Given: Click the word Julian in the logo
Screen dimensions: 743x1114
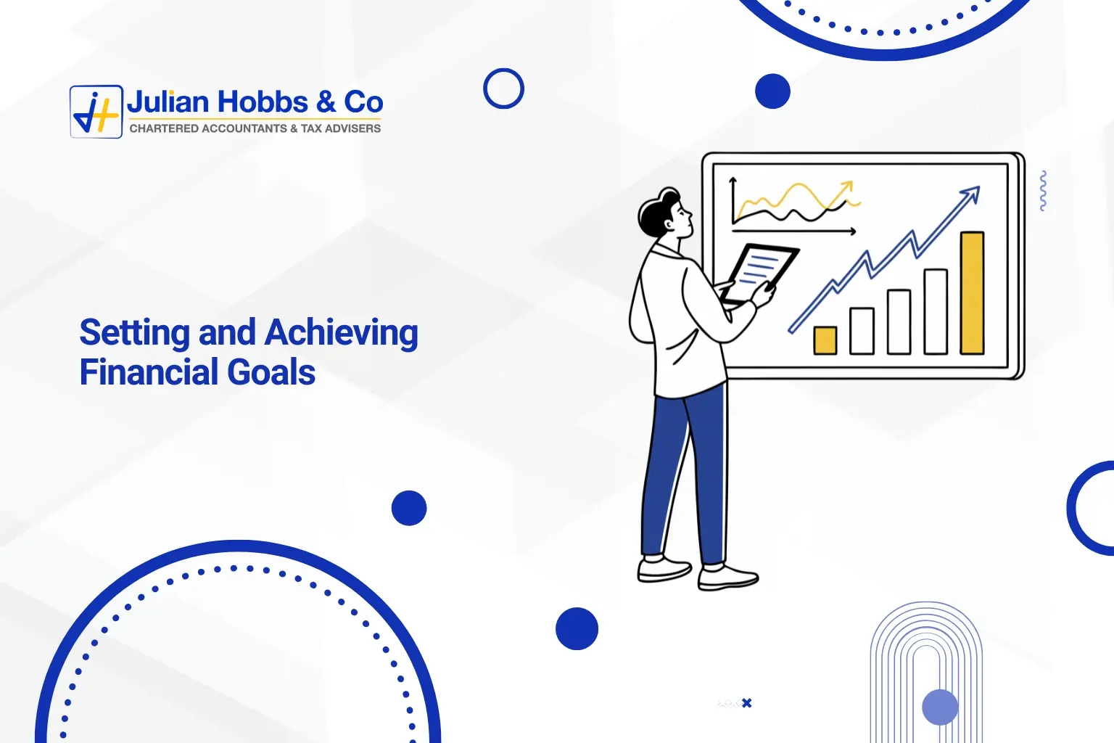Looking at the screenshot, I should [x=168, y=102].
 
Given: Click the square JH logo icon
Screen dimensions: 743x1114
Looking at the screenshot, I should [x=96, y=112].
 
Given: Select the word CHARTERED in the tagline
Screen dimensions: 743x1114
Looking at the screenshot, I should [x=163, y=128].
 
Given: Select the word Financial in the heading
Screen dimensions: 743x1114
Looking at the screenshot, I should [x=149, y=373].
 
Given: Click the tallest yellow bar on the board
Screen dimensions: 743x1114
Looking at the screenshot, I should [x=972, y=292].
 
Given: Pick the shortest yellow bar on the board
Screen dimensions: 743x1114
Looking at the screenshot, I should [x=825, y=340].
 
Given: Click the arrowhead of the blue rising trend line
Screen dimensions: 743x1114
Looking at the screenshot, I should [x=971, y=194].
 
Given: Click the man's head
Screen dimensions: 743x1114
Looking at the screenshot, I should [x=666, y=213].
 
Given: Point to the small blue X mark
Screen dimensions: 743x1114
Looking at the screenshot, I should [x=747, y=703].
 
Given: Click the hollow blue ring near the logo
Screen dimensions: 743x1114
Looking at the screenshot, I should [x=503, y=89].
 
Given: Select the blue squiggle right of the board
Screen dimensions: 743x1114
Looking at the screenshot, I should [x=1043, y=191].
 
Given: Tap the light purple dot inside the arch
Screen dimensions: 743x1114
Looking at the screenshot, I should [x=940, y=707].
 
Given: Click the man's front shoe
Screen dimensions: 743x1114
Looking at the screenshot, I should [x=728, y=578].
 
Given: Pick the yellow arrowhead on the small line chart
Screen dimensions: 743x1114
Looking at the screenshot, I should [x=846, y=187].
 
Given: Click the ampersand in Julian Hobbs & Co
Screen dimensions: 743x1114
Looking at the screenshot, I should [x=326, y=102].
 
